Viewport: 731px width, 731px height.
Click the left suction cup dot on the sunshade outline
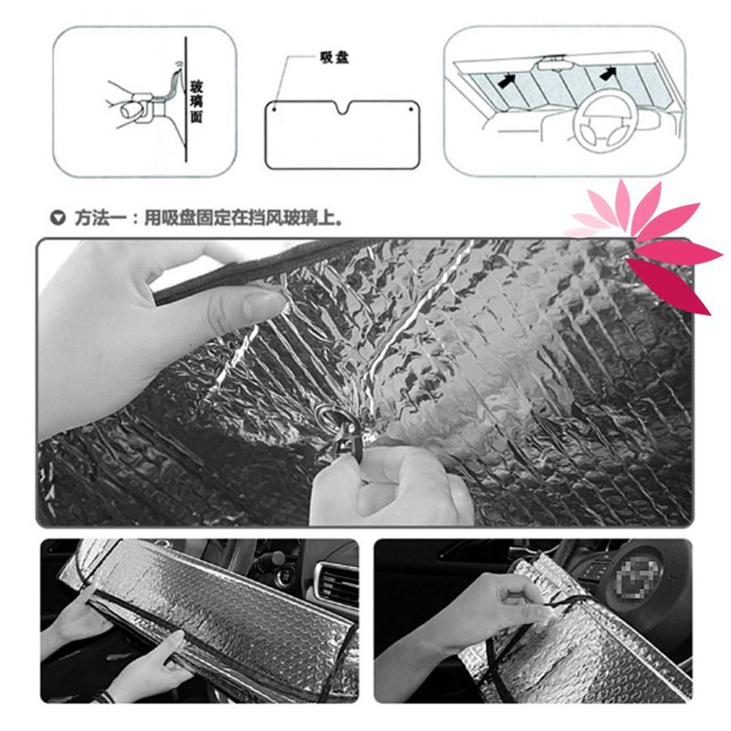(275, 106)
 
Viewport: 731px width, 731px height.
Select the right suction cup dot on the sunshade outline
(411, 106)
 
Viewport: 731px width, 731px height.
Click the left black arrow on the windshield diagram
(508, 80)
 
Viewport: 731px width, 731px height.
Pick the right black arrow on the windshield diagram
(607, 74)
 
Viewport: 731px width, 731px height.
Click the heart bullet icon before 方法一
(57, 218)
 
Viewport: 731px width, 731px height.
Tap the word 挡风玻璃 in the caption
(281, 218)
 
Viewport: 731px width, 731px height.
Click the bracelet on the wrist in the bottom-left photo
(102, 695)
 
